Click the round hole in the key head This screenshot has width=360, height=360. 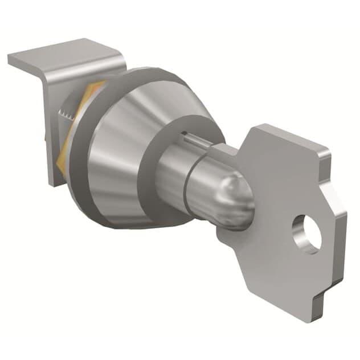pyautogui.click(x=306, y=234)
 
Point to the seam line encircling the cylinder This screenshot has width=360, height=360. pyautogui.click(x=191, y=171)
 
